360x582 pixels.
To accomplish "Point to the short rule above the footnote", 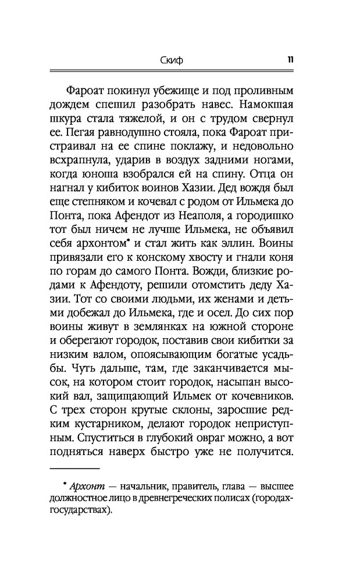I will [x=75, y=467].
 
